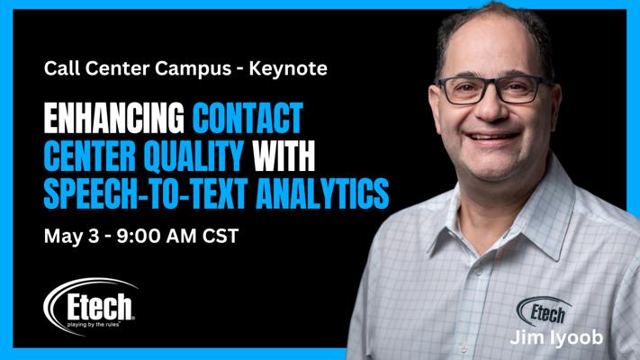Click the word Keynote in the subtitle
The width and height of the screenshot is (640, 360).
click(288, 68)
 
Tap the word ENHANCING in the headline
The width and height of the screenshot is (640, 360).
click(114, 119)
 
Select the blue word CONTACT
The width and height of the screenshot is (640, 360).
click(248, 119)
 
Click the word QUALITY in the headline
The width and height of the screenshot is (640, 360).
click(194, 156)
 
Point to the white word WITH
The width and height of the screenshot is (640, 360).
click(284, 156)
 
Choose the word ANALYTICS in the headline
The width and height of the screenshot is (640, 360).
click(322, 193)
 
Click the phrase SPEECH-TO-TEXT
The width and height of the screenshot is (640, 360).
click(145, 193)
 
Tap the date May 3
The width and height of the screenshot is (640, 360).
click(71, 237)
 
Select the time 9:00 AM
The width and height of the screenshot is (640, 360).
click(157, 237)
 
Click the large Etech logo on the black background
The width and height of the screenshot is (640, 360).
click(90, 306)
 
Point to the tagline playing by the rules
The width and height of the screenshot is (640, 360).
click(94, 325)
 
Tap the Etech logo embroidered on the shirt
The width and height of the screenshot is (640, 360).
click(544, 311)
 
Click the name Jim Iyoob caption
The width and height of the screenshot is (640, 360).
click(556, 338)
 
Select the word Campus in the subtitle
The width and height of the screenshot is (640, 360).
click(193, 68)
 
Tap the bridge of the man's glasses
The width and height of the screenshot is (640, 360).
click(495, 83)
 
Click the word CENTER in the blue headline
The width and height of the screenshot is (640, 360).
click(90, 156)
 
